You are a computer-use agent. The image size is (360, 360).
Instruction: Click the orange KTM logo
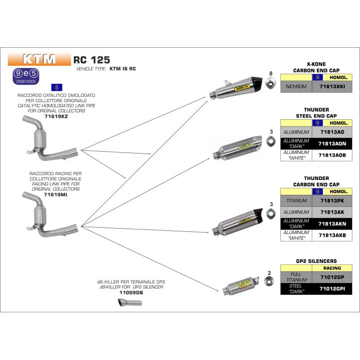(x=39, y=59)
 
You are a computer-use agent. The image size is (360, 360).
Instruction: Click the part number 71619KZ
(x=57, y=116)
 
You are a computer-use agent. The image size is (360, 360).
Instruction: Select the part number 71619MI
(x=57, y=193)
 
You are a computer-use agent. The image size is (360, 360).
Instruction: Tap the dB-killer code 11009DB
(x=129, y=292)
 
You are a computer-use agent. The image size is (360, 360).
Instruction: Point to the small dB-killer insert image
(x=130, y=303)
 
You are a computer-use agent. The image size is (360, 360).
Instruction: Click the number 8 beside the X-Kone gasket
(x=271, y=73)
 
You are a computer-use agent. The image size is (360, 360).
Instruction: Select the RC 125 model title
(x=92, y=59)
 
